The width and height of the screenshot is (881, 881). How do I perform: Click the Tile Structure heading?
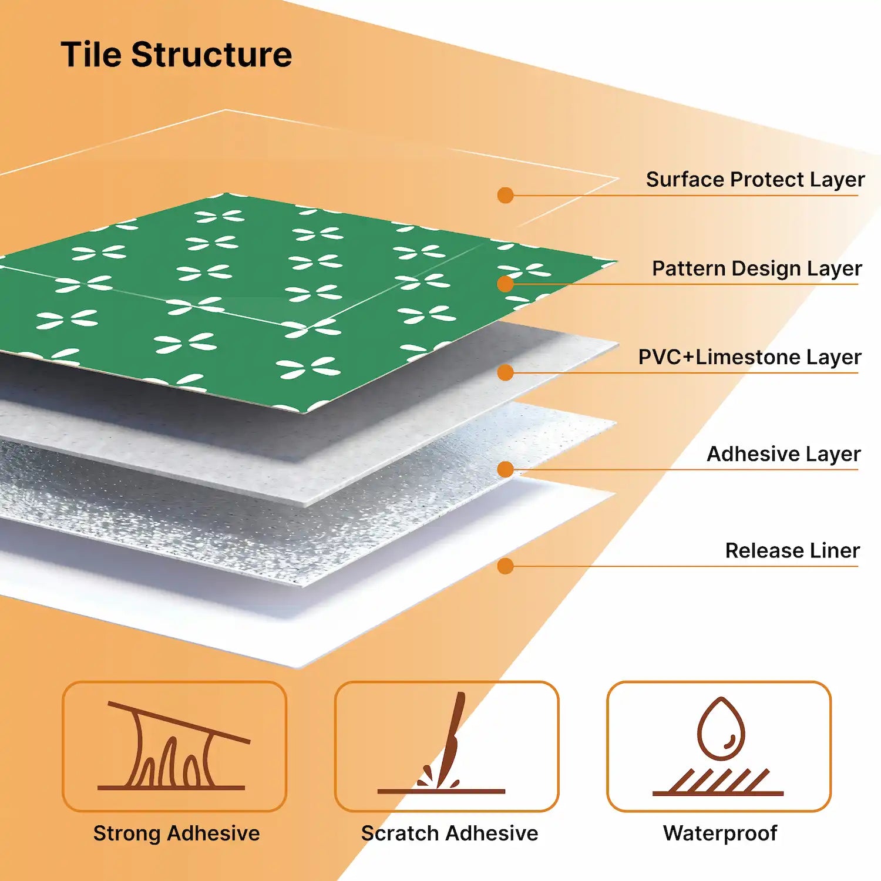click(176, 55)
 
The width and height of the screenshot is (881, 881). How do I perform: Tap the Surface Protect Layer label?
click(755, 179)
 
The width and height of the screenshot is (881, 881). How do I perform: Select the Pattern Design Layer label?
click(756, 268)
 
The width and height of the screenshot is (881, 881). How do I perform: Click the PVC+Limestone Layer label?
click(749, 357)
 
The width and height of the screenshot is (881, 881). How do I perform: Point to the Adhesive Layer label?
click(783, 454)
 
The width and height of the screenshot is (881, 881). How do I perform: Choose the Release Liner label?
click(792, 550)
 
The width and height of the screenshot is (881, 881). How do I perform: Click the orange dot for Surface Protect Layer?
click(505, 195)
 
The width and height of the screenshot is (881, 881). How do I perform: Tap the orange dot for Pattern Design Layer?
click(505, 284)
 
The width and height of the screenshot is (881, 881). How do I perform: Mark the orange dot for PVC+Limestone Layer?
click(505, 372)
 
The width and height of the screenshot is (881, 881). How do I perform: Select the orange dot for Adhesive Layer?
click(505, 469)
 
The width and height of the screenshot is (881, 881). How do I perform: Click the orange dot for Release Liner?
click(505, 566)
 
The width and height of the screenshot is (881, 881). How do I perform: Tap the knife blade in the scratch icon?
click(452, 734)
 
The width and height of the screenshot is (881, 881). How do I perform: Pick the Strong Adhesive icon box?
click(174, 746)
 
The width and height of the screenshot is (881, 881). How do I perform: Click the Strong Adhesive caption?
click(176, 833)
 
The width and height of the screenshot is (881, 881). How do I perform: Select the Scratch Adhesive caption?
click(449, 833)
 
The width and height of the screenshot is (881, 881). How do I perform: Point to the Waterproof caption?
click(720, 833)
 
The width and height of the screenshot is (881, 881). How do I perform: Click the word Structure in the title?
click(211, 55)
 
